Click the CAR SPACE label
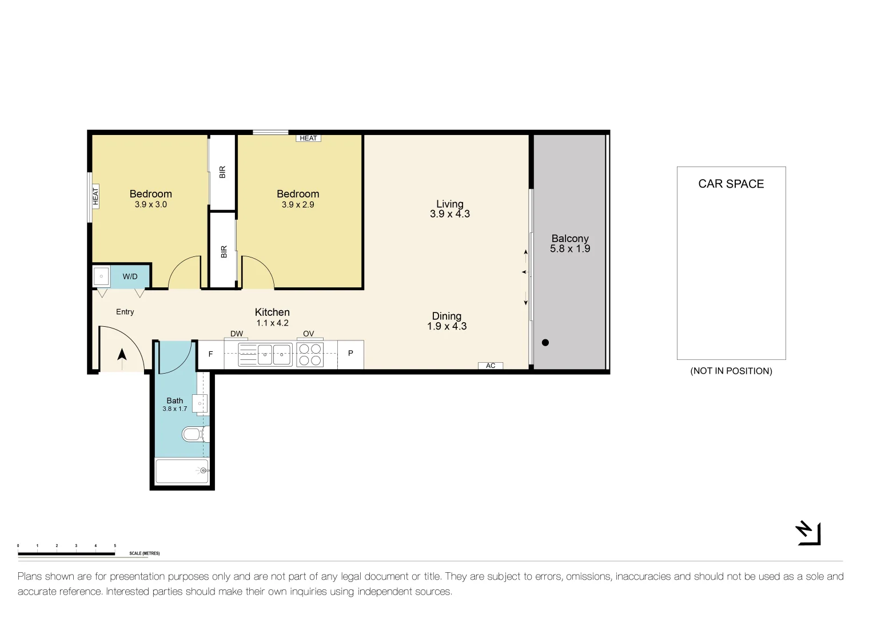[731, 184]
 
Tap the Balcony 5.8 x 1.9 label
[569, 243]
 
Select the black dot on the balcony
[545, 343]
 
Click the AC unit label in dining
[491, 366]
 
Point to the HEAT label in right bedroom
[308, 138]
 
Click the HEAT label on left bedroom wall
[95, 196]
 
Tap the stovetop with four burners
[310, 354]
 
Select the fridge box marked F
[210, 354]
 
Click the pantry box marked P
[350, 354]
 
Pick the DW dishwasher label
[236, 334]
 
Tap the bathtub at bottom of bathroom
[182, 471]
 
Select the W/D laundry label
[130, 276]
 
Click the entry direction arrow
[122, 355]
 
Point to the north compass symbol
[808, 533]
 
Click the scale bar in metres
[66, 553]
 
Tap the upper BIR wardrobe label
[222, 172]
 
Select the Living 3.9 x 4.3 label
[449, 209]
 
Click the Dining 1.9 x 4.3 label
[447, 321]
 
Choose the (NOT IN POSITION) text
[731, 371]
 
